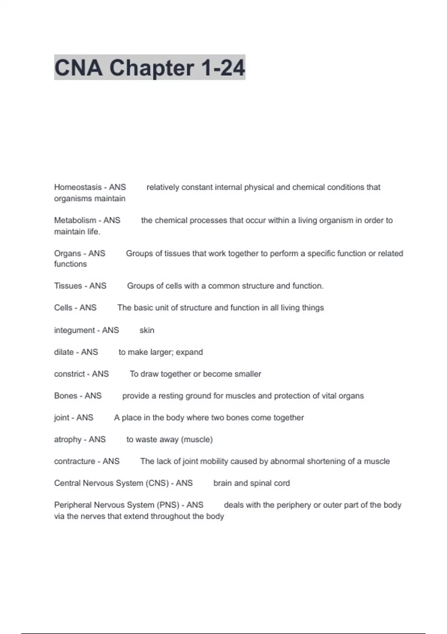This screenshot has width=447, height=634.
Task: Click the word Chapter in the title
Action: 151,68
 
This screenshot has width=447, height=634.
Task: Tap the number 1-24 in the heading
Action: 223,68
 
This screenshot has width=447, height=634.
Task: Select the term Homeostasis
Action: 77,187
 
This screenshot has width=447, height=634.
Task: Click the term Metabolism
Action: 75,220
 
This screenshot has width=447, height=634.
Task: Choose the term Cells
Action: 63,308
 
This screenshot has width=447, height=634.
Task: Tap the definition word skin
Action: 147,330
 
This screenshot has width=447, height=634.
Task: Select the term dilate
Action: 64,352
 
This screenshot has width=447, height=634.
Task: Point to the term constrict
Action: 70,374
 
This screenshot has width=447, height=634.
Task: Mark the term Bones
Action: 66,396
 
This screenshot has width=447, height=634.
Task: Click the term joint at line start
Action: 61,418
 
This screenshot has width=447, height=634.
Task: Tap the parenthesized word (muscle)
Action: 197,440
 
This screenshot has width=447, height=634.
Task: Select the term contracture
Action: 74,461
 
